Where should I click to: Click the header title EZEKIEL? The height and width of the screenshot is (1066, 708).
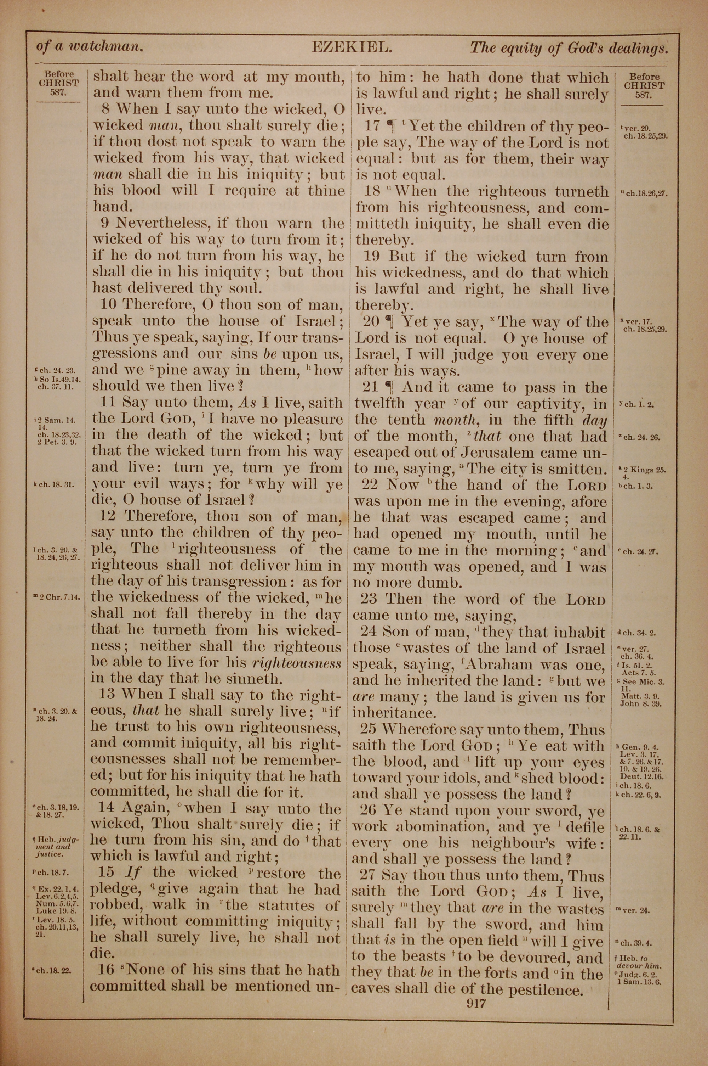350,47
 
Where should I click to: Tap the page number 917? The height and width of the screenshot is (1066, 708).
476,1004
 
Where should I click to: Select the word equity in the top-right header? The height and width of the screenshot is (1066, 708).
519,48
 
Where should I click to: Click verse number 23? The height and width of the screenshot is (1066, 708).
369,600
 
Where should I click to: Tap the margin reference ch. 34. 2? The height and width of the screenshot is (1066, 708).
639,633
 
